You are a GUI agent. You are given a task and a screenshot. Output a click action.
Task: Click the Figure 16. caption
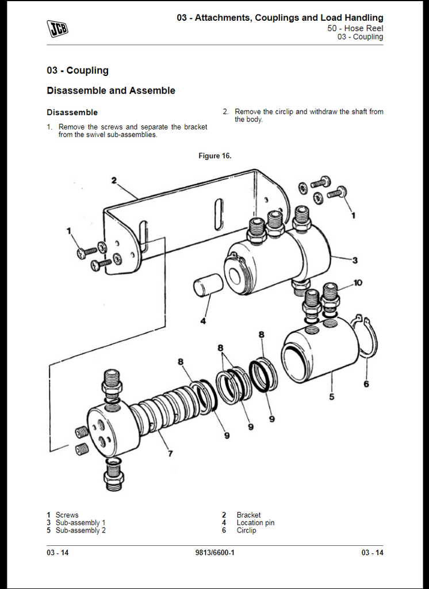215,156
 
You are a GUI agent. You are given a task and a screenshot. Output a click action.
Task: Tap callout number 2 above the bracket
114,181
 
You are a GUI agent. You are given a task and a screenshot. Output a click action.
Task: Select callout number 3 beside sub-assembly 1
355,261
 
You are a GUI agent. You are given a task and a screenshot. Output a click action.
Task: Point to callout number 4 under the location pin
203,321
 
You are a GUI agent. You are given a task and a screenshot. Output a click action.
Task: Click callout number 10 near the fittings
358,282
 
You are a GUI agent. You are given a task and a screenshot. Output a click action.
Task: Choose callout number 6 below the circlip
366,384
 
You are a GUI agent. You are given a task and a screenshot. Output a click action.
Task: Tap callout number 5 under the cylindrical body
331,396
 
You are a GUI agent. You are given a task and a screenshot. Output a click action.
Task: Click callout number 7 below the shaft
170,454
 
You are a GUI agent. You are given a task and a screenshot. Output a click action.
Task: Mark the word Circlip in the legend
246,530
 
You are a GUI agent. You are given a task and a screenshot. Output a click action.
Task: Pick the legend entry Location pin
255,523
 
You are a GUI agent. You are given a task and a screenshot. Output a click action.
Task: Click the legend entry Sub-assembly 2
81,530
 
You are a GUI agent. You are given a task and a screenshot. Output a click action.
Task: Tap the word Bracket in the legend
248,515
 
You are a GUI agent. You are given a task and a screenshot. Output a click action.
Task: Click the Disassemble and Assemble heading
111,90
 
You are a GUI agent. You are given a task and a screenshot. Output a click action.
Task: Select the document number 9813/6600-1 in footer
215,553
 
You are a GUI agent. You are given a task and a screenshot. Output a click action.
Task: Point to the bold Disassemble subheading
72,112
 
